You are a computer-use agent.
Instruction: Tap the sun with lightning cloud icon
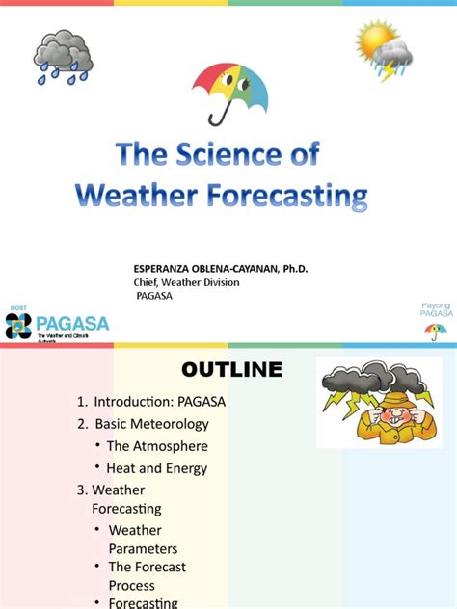click(383, 49)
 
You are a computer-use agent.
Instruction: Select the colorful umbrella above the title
click(229, 91)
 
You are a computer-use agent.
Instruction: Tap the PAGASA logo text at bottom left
click(72, 323)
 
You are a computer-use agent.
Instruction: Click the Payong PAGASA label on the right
click(436, 310)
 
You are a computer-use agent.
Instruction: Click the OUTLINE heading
click(231, 370)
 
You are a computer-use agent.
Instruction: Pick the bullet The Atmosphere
click(157, 446)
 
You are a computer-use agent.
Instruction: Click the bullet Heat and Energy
click(156, 468)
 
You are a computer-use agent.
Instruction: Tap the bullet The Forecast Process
click(147, 576)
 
